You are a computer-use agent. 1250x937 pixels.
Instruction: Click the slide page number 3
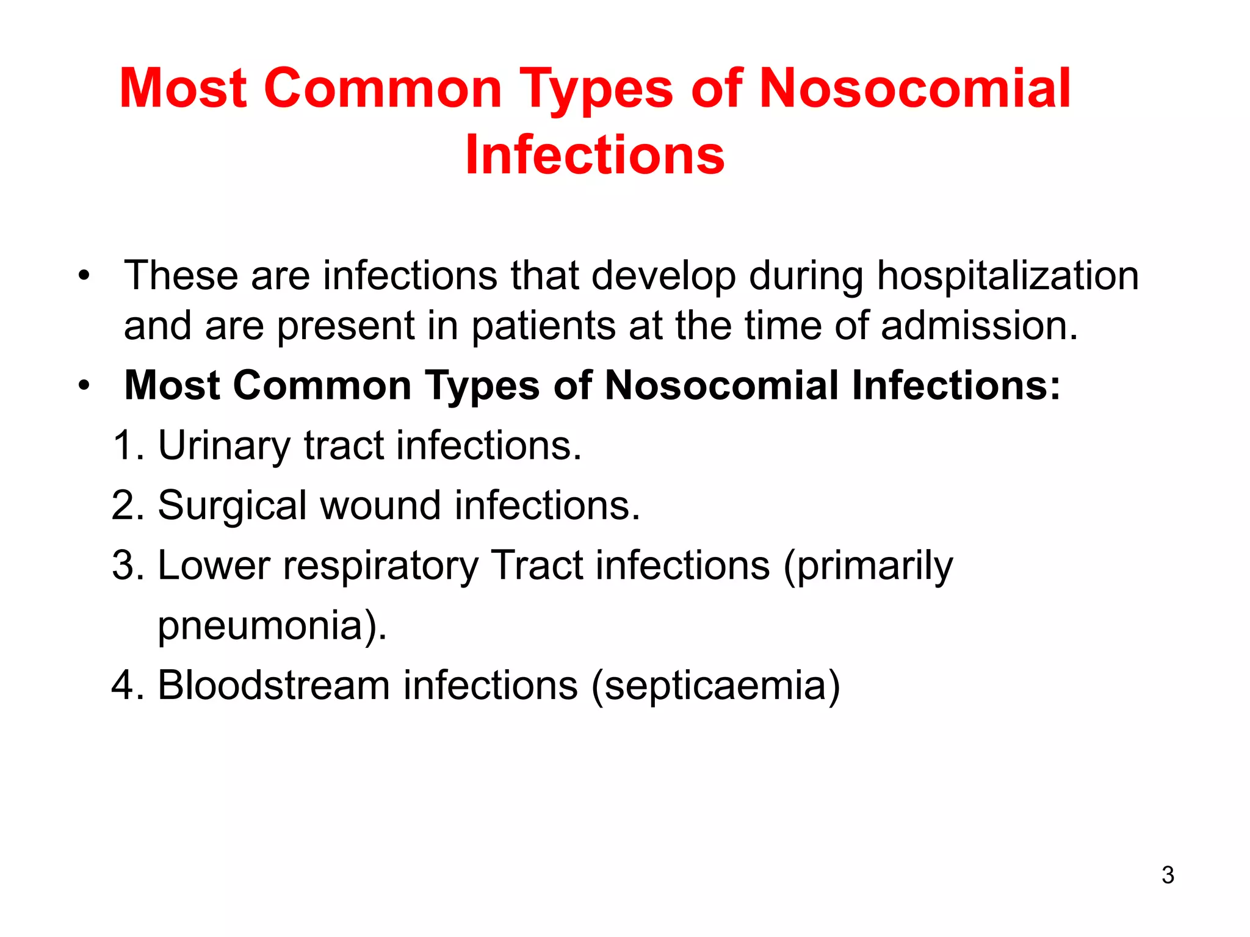coord(1168,875)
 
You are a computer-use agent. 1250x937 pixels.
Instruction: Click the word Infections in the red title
coord(594,155)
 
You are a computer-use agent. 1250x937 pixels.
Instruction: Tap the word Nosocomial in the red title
coord(914,89)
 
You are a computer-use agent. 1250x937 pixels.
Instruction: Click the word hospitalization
coord(1008,276)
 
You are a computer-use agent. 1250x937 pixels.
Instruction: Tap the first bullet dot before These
coord(84,276)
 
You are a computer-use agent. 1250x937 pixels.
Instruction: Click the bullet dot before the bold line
coord(84,386)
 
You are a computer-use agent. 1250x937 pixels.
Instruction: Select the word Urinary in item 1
coord(224,445)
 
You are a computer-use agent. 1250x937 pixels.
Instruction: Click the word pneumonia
coord(261,626)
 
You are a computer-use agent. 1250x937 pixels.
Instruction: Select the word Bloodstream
coord(273,685)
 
